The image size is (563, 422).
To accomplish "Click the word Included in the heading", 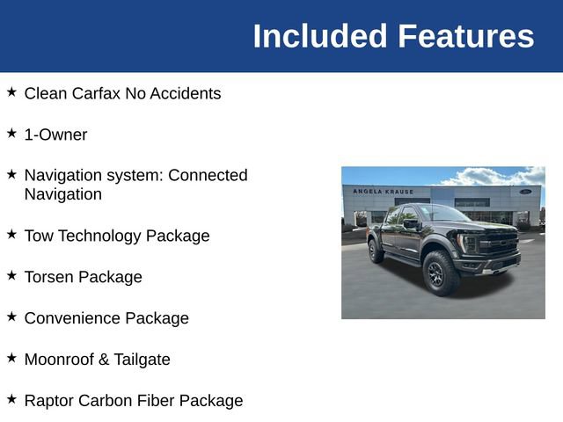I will click(320, 36).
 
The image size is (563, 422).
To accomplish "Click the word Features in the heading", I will click(465, 36).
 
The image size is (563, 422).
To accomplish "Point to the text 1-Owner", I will click(55, 135).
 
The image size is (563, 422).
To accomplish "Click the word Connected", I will click(208, 175).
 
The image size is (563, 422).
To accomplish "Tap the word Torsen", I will click(49, 277).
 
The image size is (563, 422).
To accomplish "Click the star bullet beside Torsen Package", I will click(11, 275).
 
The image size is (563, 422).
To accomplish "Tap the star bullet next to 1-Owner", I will click(11, 133).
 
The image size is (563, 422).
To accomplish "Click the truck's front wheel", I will click(441, 273).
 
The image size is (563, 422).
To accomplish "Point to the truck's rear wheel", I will click(377, 251).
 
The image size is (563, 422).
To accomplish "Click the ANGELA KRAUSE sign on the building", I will click(383, 191).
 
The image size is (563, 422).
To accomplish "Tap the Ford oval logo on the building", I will click(525, 191).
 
